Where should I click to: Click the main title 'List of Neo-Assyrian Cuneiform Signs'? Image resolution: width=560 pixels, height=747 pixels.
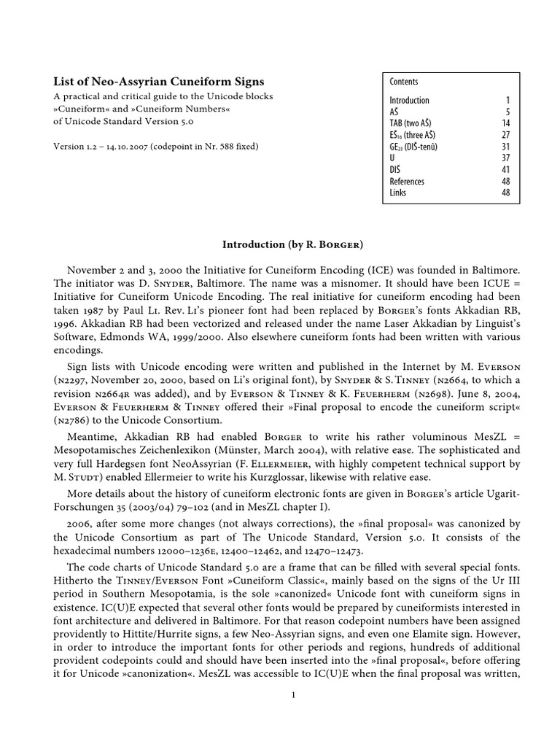tap(160, 82)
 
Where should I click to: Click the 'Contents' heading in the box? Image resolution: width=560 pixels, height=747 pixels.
tap(404, 82)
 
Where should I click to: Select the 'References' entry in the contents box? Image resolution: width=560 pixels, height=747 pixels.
tap(407, 181)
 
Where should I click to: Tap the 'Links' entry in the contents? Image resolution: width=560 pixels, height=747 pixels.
tap(398, 193)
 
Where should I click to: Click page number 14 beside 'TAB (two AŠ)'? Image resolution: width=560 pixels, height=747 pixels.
tap(506, 123)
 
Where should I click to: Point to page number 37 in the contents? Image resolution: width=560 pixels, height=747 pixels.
tap(506, 158)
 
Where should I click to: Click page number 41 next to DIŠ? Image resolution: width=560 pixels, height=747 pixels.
tap(506, 169)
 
